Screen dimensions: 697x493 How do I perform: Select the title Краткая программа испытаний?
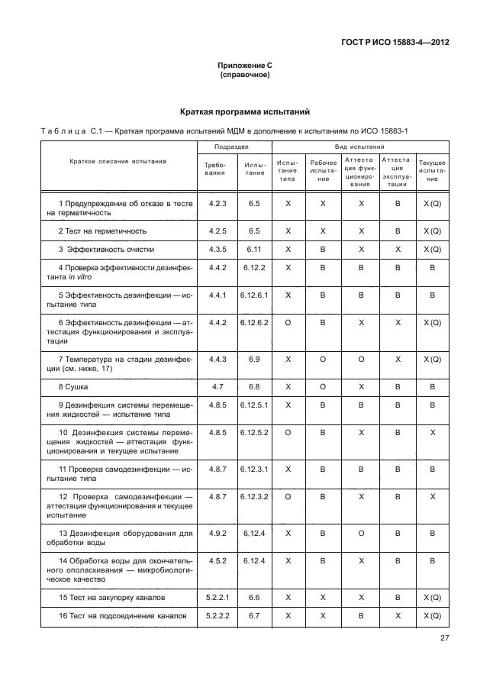[246, 111]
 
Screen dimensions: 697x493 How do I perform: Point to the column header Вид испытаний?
[359, 146]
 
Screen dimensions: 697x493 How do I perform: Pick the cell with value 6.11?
[254, 249]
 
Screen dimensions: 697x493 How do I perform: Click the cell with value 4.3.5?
[217, 249]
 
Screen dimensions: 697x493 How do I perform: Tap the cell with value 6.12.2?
[254, 267]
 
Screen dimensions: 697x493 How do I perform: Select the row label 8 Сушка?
[73, 388]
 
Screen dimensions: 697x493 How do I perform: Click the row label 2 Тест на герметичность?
[102, 231]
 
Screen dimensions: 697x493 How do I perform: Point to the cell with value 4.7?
[217, 388]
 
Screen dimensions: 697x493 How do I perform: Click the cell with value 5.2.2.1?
[217, 595]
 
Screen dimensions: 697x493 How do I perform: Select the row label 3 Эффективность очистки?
[106, 249]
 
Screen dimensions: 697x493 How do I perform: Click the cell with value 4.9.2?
[217, 532]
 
